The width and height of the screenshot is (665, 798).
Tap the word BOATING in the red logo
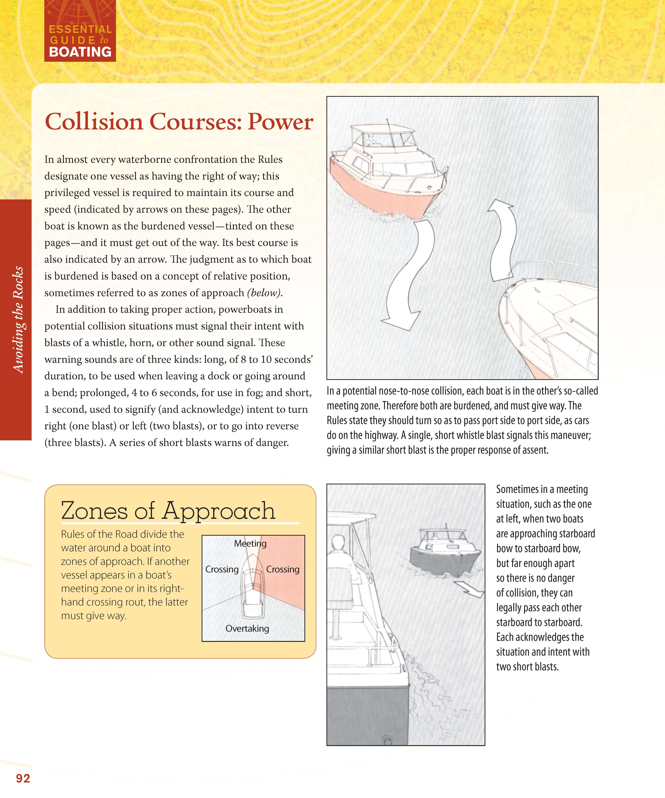pyautogui.click(x=80, y=52)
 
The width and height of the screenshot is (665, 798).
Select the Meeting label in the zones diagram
pyautogui.click(x=250, y=543)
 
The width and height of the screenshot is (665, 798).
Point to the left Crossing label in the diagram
pyautogui.click(x=222, y=569)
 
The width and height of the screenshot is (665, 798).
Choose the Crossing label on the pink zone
pyautogui.click(x=283, y=569)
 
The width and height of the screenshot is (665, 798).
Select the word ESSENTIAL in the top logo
pyautogui.click(x=80, y=29)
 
